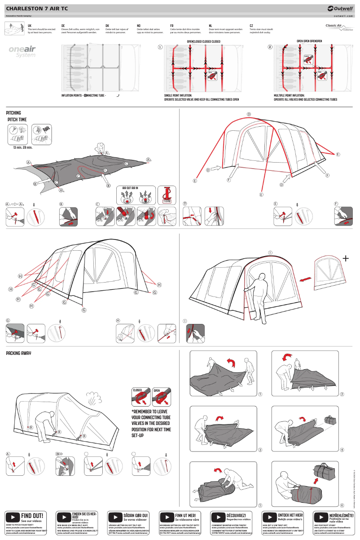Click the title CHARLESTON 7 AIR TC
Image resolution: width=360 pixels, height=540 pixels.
click(x=37, y=9)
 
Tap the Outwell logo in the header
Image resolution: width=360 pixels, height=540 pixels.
click(x=341, y=8)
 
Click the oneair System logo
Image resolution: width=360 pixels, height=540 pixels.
click(x=22, y=51)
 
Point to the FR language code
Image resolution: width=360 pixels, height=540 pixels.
click(x=171, y=26)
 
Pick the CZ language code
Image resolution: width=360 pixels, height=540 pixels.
click(x=251, y=26)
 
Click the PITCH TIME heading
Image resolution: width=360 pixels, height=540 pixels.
click(x=17, y=120)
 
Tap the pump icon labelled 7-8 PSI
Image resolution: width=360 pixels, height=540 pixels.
click(x=167, y=194)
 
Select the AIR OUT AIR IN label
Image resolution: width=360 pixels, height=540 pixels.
click(x=130, y=188)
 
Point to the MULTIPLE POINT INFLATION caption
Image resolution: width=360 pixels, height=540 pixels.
click(x=289, y=96)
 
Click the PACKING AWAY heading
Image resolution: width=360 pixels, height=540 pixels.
click(x=18, y=354)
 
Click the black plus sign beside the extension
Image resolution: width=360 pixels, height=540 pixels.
click(x=345, y=258)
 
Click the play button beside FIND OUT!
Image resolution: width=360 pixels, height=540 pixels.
click(x=13, y=517)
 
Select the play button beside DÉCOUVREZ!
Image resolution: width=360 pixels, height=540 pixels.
click(x=218, y=517)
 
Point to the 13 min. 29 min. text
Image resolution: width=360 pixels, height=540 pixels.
click(x=22, y=147)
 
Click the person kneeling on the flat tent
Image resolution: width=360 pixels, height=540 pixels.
click(x=101, y=149)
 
